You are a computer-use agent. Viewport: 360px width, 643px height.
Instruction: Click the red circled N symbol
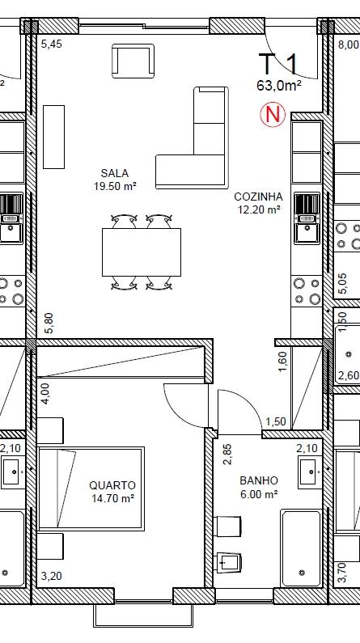(273, 114)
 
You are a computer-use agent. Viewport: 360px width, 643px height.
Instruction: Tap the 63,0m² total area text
(279, 85)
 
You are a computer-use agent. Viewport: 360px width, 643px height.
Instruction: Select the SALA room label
(115, 173)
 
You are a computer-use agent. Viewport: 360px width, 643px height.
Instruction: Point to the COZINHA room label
(258, 197)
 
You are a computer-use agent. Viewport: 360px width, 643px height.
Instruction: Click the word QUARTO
(112, 485)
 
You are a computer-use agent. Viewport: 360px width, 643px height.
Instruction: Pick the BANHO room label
(259, 480)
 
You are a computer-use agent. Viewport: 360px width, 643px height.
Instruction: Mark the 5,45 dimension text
(52, 44)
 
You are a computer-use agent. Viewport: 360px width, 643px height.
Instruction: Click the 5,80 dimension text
(49, 324)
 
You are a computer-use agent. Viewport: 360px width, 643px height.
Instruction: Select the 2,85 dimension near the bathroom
(227, 455)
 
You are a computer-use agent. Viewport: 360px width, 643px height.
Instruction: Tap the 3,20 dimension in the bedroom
(52, 576)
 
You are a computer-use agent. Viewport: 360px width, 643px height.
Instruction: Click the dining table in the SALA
(142, 252)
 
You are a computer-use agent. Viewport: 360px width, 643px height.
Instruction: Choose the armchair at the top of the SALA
(133, 61)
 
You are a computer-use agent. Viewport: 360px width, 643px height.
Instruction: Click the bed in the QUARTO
(91, 489)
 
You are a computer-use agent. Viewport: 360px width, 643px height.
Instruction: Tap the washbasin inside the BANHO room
(310, 472)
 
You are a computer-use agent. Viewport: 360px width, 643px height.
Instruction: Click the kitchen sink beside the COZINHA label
(307, 218)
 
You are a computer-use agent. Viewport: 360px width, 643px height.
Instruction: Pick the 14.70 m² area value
(113, 499)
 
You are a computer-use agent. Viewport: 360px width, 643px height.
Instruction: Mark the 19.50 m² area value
(115, 186)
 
